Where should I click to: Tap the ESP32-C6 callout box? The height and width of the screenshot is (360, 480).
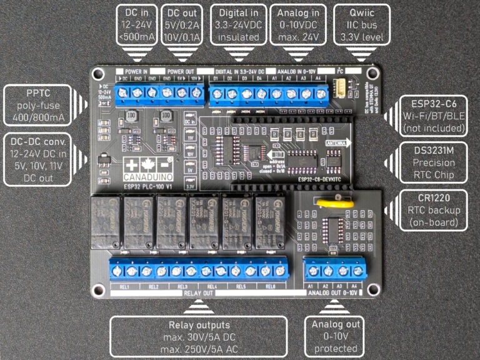(x=434, y=115)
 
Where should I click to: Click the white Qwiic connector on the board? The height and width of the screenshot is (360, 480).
(x=342, y=87)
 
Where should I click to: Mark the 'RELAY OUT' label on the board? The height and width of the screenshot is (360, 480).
(x=199, y=294)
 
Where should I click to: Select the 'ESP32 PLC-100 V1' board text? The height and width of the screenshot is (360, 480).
(x=148, y=186)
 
